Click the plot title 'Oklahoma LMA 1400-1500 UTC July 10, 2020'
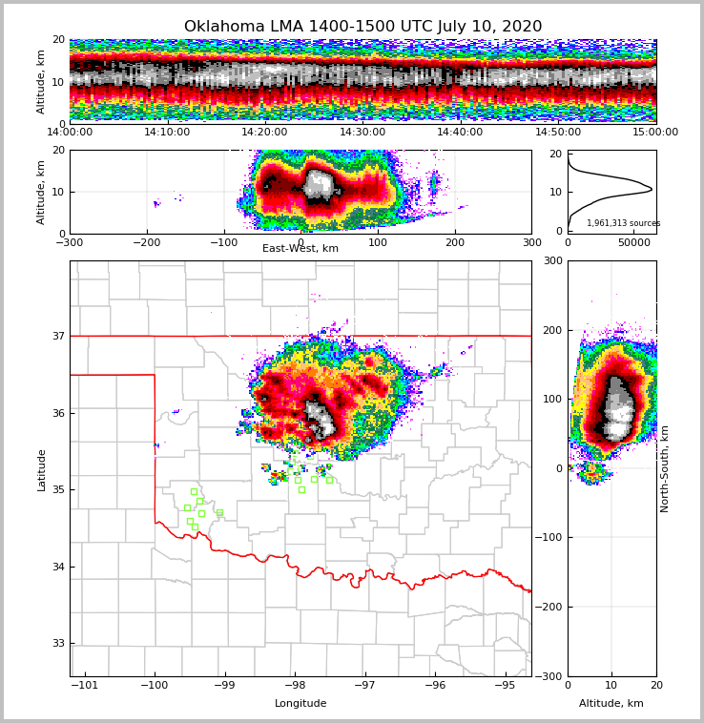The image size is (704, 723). click(x=362, y=27)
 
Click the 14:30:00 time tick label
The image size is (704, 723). click(x=362, y=133)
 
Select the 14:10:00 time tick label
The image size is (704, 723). click(x=167, y=133)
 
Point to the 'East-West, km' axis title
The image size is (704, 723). click(x=300, y=249)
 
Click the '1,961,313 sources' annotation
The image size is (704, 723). click(x=623, y=223)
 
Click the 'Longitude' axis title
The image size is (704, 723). click(x=300, y=704)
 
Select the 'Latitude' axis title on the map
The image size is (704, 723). click(x=41, y=469)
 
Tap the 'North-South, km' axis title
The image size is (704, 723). click(x=665, y=468)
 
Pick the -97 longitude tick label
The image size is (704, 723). click(x=364, y=685)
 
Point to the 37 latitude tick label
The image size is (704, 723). click(x=57, y=336)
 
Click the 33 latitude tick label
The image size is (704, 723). click(x=57, y=644)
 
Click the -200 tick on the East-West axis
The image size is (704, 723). click(x=146, y=242)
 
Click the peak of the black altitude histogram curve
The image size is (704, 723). click(x=652, y=189)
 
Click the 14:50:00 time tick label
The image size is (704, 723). click(x=558, y=133)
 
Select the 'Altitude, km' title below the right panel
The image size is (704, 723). click(x=611, y=704)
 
